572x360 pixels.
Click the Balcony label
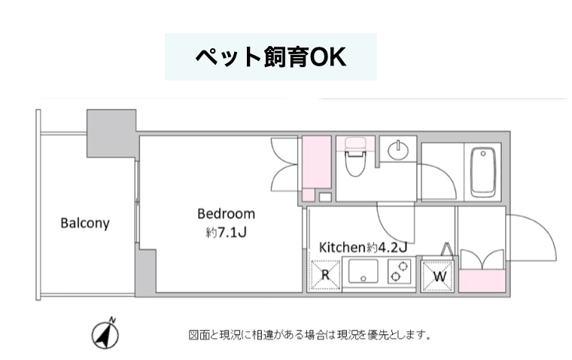[85, 223]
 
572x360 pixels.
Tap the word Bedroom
[227, 214]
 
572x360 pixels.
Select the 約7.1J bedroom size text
[227, 232]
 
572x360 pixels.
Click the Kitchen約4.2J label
[363, 247]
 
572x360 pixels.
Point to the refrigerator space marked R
[324, 276]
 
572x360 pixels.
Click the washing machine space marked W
[437, 276]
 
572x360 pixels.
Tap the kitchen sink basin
[363, 271]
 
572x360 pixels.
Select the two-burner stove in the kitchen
[400, 271]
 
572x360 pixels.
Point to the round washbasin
[398, 150]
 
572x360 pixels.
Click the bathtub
[483, 172]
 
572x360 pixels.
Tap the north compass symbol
[105, 334]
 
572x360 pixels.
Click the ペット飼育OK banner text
[271, 57]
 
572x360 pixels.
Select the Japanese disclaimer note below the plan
[310, 334]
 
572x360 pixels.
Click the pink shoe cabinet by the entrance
[482, 281]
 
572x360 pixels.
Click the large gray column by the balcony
[111, 133]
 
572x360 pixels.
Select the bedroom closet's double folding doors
[284, 164]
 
